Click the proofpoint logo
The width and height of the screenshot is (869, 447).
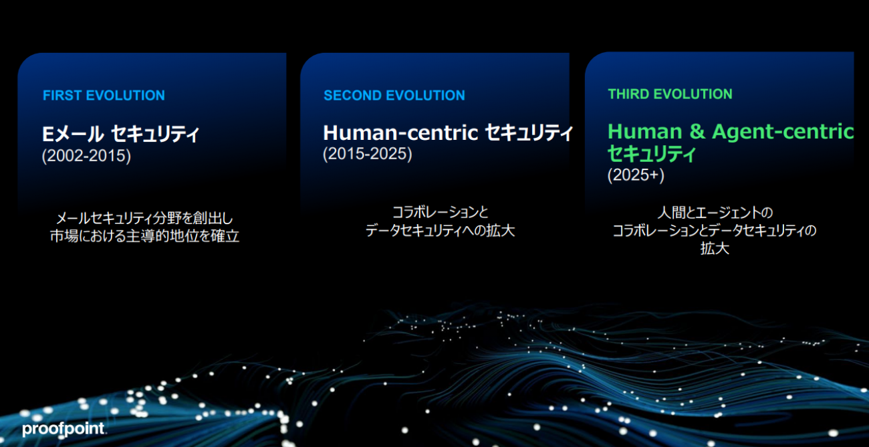pyautogui.click(x=64, y=429)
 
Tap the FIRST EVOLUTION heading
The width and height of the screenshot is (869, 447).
pyautogui.click(x=104, y=96)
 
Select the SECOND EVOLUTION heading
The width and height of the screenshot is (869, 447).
pyautogui.click(x=394, y=96)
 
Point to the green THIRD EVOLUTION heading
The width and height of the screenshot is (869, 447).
pyautogui.click(x=670, y=94)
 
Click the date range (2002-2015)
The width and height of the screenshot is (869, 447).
pyautogui.click(x=86, y=156)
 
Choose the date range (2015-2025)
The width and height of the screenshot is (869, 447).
pyautogui.click(x=368, y=154)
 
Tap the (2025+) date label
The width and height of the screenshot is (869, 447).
pyautogui.click(x=636, y=175)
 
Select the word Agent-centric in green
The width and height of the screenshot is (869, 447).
pyautogui.click(x=783, y=132)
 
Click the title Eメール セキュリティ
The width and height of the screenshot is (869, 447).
pyautogui.click(x=120, y=134)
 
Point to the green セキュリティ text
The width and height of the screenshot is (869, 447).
pyautogui.click(x=652, y=154)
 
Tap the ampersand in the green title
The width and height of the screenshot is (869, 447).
pyautogui.click(x=697, y=131)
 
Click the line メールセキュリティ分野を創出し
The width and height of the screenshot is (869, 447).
pyautogui.click(x=144, y=218)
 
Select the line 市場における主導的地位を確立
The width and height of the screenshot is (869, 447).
pyautogui.click(x=144, y=236)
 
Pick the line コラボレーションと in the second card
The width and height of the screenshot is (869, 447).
pyautogui.click(x=441, y=212)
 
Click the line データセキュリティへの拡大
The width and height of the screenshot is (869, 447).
pyautogui.click(x=441, y=231)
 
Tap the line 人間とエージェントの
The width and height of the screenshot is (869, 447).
pyautogui.click(x=715, y=213)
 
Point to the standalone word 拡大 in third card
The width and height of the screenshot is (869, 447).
pyautogui.click(x=715, y=248)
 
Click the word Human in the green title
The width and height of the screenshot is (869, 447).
pyautogui.click(x=645, y=131)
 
